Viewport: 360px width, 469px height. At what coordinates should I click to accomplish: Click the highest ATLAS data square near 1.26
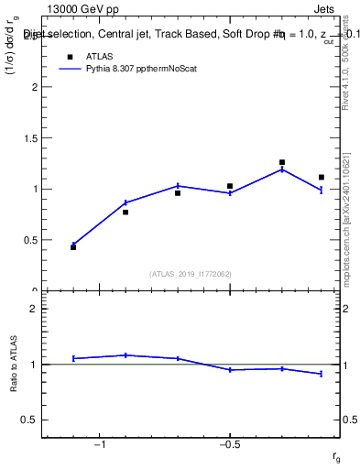click(282, 162)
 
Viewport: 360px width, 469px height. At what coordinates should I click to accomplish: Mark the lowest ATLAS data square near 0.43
click(73, 247)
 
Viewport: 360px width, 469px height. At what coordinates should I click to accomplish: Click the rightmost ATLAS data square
click(322, 177)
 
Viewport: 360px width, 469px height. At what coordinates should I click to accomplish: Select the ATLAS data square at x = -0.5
click(230, 186)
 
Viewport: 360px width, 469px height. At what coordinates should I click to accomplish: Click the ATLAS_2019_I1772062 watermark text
click(190, 273)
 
